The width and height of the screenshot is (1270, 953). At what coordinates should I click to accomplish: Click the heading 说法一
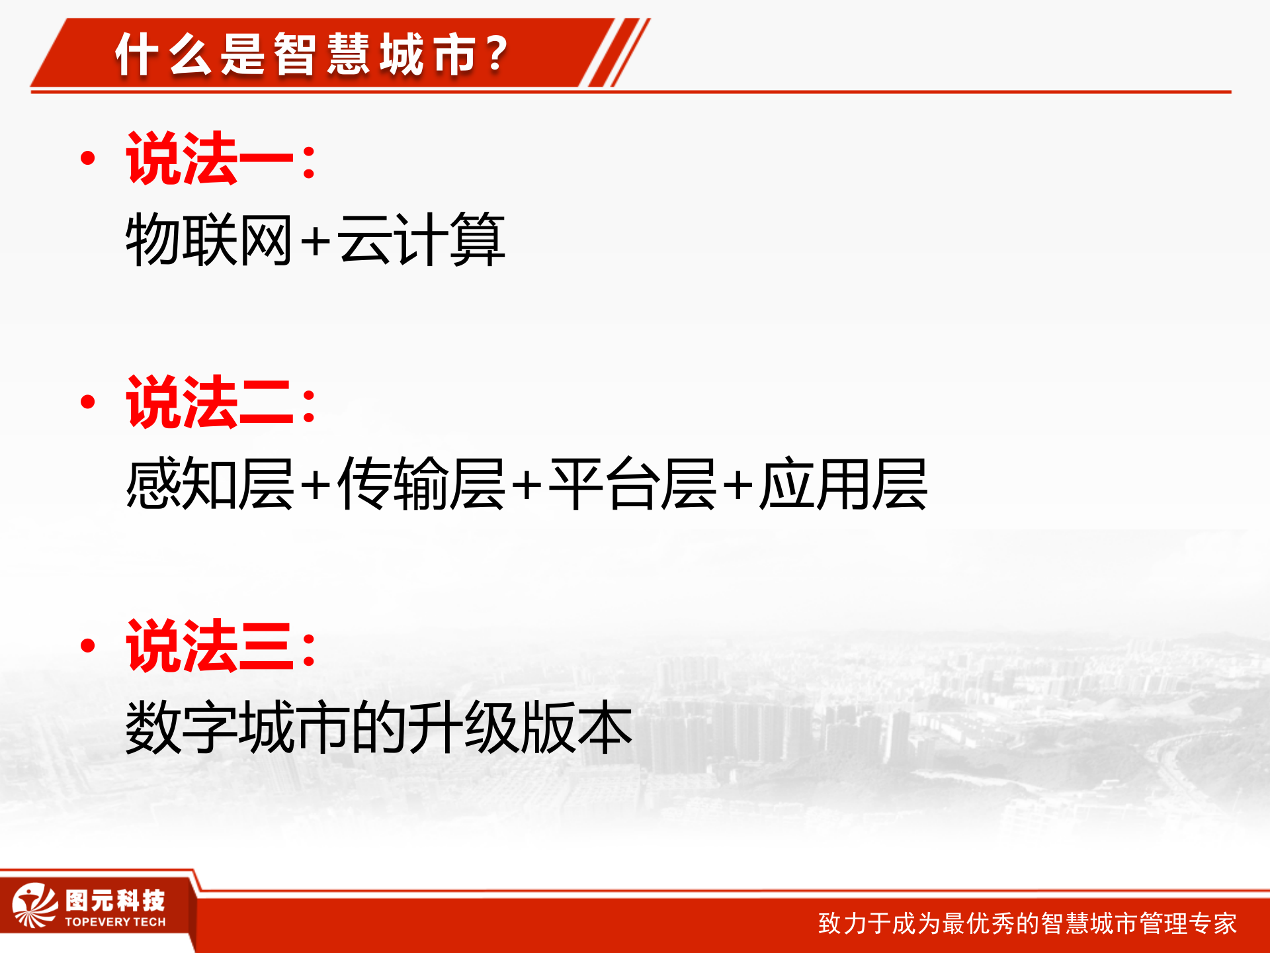pyautogui.click(x=210, y=159)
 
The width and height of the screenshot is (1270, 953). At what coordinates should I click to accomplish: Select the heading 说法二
pyautogui.click(x=210, y=402)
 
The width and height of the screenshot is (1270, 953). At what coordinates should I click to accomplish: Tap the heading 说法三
pyautogui.click(x=210, y=646)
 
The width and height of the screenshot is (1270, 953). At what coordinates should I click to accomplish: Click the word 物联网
pyautogui.click(x=209, y=240)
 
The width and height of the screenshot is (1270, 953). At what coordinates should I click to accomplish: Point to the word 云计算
pyautogui.click(x=421, y=240)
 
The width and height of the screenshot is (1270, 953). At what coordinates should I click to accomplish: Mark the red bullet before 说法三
pyautogui.click(x=87, y=645)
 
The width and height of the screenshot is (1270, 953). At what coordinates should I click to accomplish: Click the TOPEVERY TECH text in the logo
pyautogui.click(x=115, y=922)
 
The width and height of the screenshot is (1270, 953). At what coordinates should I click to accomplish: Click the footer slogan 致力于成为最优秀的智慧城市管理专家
pyautogui.click(x=1027, y=923)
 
